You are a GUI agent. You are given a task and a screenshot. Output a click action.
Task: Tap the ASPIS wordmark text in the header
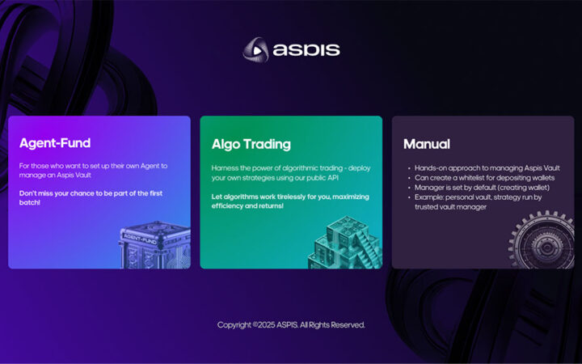pyautogui.click(x=306, y=50)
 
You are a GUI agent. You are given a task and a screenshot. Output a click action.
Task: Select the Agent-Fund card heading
pyautogui.click(x=55, y=144)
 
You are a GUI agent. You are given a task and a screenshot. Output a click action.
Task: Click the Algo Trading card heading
pyautogui.click(x=251, y=144)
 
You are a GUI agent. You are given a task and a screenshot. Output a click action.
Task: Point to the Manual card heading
pyautogui.click(x=427, y=144)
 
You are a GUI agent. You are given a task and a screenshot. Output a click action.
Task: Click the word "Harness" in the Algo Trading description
pyautogui.click(x=226, y=167)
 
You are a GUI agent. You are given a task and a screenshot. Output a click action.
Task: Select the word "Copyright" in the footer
pyautogui.click(x=234, y=325)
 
